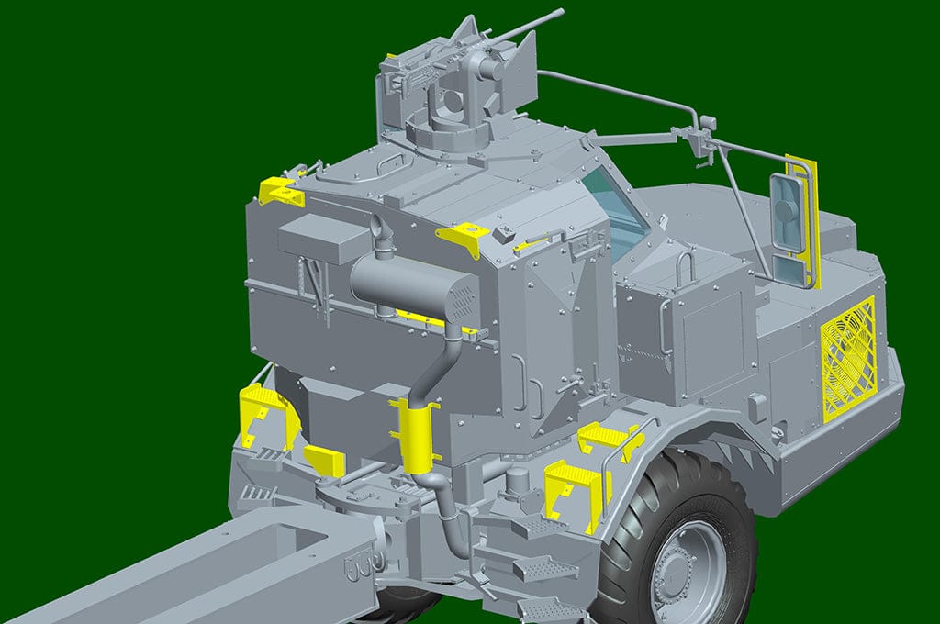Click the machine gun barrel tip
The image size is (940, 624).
point(559,13)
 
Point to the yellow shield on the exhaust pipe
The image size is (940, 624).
point(415,431)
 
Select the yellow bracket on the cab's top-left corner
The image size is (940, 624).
point(278,192)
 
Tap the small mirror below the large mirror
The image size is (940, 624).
point(787,268)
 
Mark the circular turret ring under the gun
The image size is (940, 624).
point(450,124)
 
